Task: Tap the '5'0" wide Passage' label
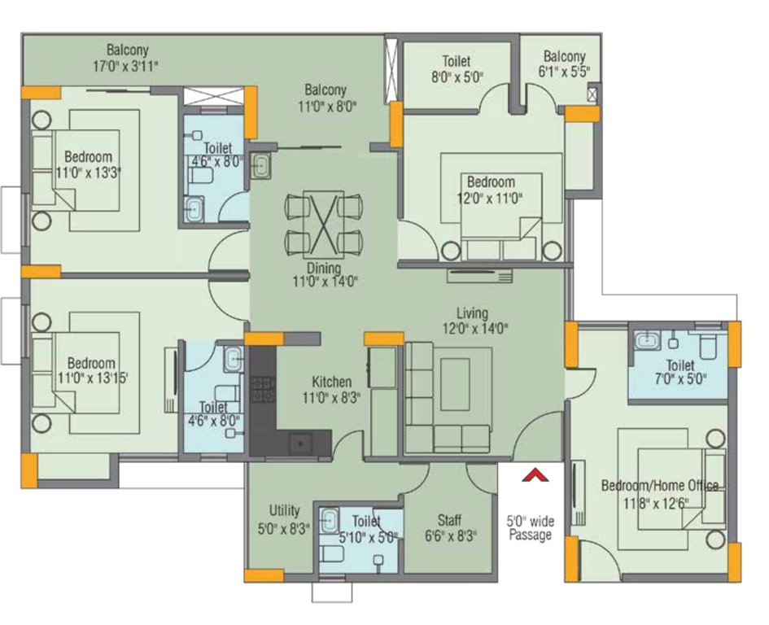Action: click(530, 527)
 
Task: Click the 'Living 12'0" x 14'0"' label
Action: click(472, 321)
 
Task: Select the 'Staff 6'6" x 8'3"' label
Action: click(449, 527)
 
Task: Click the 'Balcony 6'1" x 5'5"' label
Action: click(564, 63)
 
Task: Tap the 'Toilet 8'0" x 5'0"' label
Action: click(457, 69)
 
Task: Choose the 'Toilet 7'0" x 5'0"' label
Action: click(679, 372)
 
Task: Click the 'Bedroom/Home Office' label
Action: click(659, 486)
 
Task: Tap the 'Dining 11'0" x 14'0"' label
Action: click(323, 274)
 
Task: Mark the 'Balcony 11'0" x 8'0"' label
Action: click(326, 98)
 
